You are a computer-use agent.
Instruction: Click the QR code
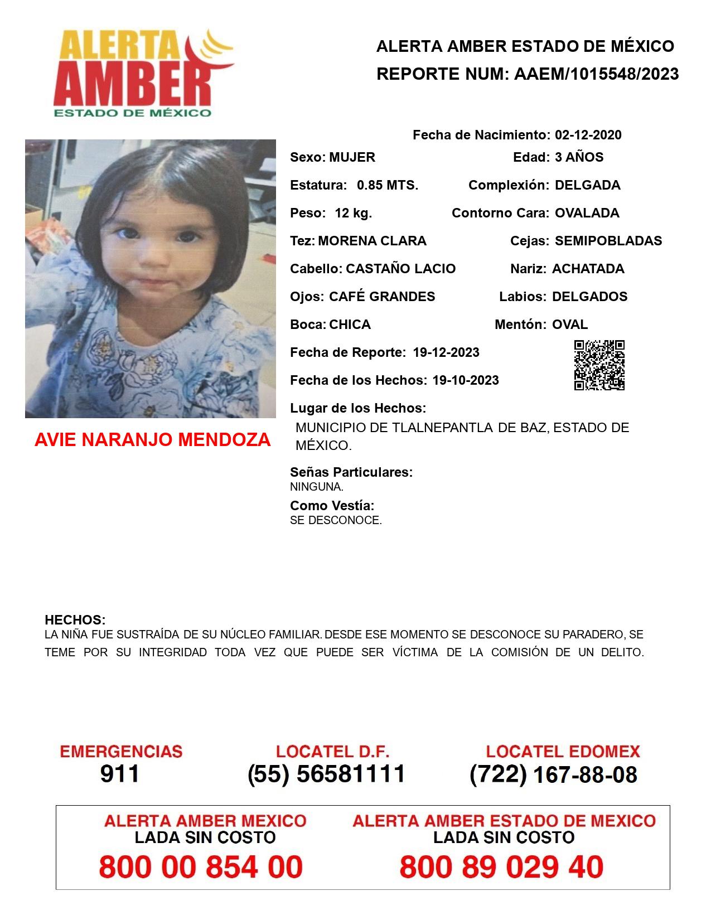click(x=599, y=365)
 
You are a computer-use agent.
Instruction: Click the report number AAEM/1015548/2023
click(x=596, y=74)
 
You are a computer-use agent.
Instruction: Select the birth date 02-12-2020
click(x=588, y=135)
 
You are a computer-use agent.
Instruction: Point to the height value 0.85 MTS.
click(x=388, y=185)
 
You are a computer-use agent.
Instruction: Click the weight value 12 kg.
click(x=353, y=213)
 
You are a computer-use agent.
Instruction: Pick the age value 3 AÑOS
click(x=579, y=157)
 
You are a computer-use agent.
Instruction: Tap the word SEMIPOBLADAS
click(x=608, y=241)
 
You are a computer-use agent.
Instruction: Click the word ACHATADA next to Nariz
click(x=588, y=269)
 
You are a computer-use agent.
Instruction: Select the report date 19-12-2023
click(x=446, y=352)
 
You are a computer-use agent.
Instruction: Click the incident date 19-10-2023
click(x=466, y=380)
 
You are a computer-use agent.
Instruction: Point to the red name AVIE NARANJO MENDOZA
click(x=152, y=440)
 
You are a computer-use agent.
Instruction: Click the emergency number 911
click(x=120, y=774)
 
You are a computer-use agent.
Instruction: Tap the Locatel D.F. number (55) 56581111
click(x=326, y=774)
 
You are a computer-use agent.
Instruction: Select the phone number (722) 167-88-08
click(x=553, y=774)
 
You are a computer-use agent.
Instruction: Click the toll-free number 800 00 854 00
click(x=201, y=867)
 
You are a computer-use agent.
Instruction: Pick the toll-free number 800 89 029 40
click(x=501, y=867)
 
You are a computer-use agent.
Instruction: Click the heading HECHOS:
click(x=75, y=620)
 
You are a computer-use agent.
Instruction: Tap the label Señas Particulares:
click(x=351, y=472)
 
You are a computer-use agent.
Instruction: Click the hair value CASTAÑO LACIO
click(x=400, y=269)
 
